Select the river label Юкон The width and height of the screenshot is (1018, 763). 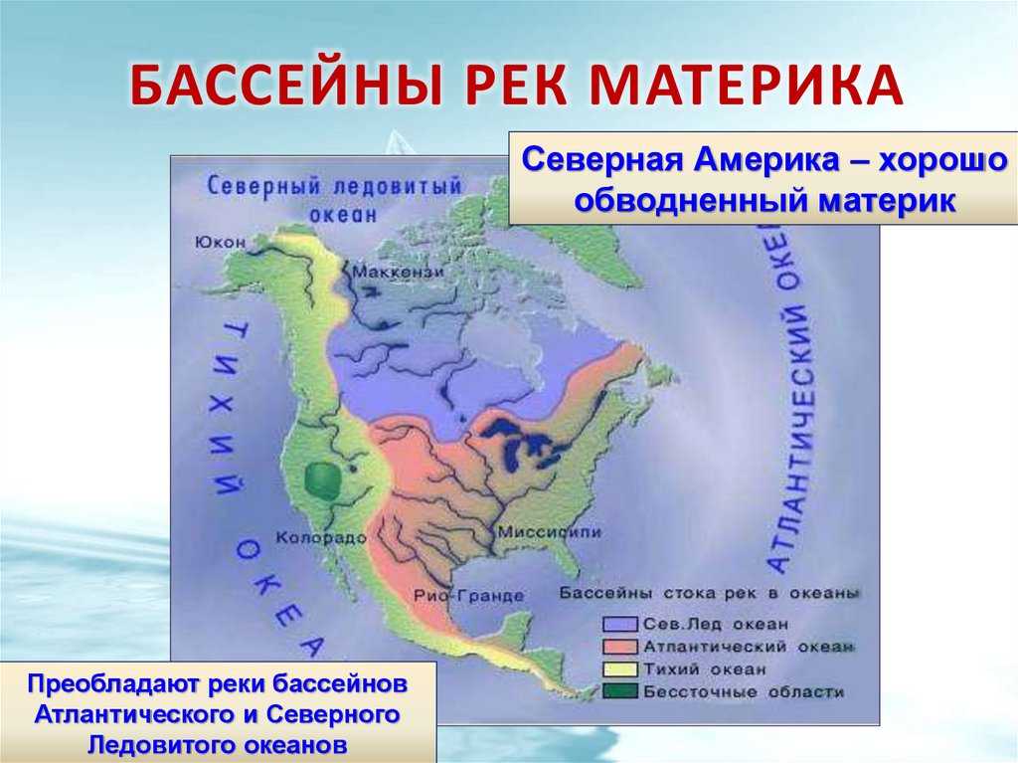(x=220, y=243)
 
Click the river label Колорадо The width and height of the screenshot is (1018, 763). (x=321, y=537)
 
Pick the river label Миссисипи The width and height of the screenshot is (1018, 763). (x=549, y=531)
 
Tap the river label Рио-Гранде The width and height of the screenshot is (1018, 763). (x=469, y=595)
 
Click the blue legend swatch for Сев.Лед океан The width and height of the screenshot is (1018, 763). (x=620, y=624)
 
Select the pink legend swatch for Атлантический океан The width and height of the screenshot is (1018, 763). (x=620, y=647)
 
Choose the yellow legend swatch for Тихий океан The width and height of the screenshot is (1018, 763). (x=620, y=669)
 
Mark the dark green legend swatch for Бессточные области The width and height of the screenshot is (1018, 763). (x=620, y=691)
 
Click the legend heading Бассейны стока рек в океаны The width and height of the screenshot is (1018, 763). (x=710, y=593)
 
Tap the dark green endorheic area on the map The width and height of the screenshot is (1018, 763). (x=323, y=480)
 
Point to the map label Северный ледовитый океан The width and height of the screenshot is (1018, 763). (x=335, y=200)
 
